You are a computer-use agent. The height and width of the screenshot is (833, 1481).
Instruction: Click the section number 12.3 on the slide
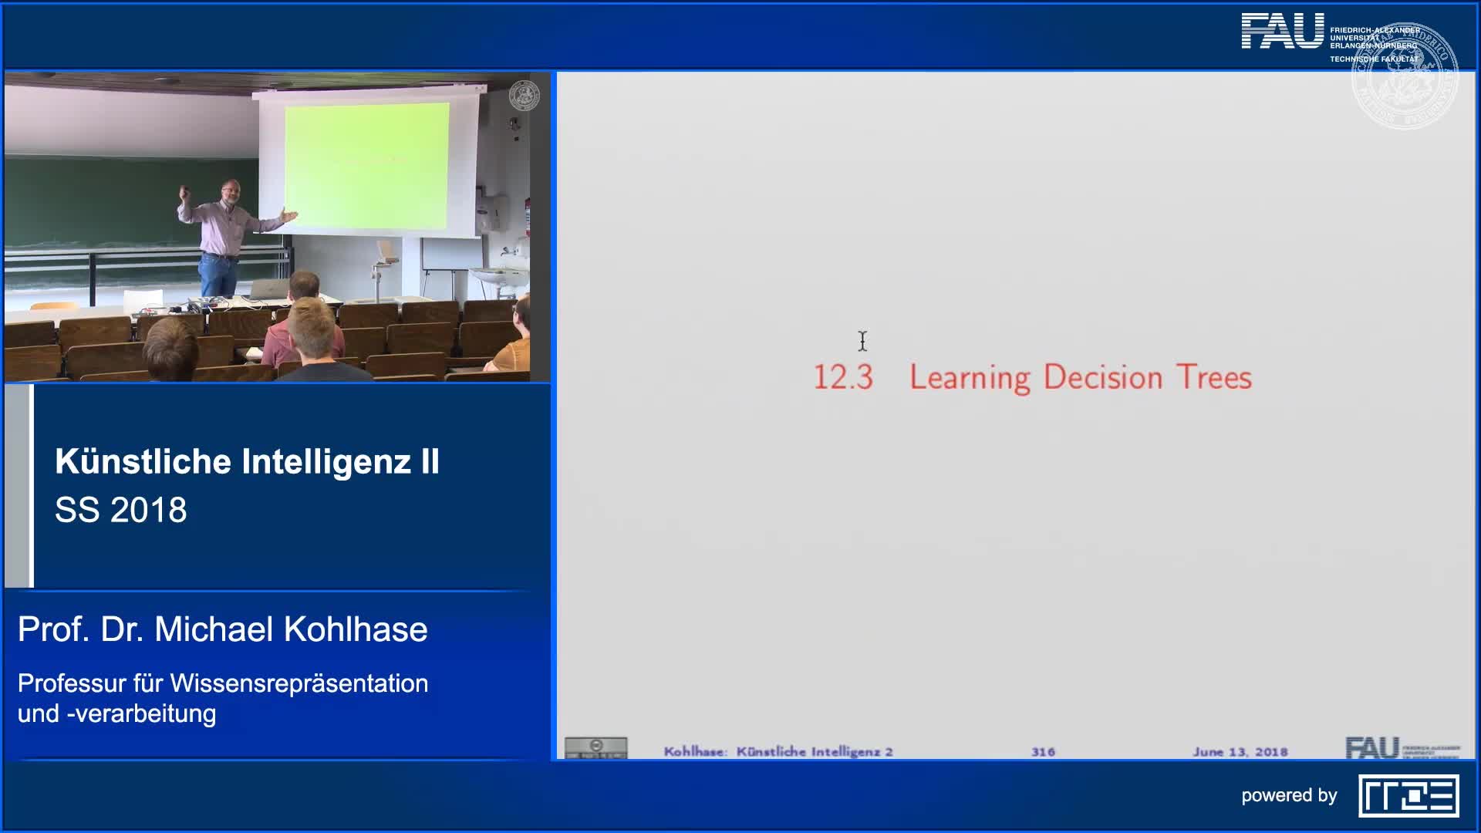(842, 377)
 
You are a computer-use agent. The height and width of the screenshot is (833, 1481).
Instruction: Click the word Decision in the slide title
(1103, 377)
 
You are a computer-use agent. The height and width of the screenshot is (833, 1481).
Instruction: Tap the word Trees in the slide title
(1214, 377)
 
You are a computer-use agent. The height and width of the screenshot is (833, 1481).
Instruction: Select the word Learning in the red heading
(970, 378)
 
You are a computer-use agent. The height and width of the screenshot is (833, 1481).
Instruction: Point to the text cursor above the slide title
(862, 341)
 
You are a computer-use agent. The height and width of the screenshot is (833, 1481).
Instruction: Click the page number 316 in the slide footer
(1043, 751)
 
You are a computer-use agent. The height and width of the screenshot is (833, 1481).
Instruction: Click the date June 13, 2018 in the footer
(1240, 751)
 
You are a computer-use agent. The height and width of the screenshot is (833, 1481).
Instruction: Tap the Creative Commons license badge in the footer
(595, 747)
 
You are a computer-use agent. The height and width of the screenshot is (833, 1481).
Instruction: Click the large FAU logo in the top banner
(1282, 32)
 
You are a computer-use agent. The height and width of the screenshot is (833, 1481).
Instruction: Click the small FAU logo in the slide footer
(1371, 747)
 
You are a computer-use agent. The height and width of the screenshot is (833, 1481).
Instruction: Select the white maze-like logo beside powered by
(1408, 795)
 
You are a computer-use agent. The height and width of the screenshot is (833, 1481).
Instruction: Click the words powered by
(1288, 795)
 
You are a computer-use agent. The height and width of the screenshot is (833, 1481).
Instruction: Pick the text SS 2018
(121, 510)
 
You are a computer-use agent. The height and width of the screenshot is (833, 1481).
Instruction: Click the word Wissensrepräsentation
(299, 683)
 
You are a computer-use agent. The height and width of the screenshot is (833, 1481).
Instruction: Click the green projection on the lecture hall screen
(366, 165)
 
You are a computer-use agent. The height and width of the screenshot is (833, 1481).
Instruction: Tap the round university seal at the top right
(1404, 76)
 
